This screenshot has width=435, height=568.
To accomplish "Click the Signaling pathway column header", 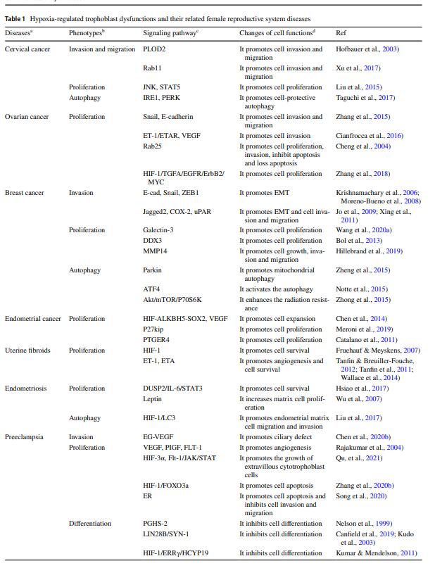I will click(170, 33).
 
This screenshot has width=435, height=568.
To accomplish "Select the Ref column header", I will click(341, 33).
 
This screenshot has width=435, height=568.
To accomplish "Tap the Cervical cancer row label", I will click(27, 49).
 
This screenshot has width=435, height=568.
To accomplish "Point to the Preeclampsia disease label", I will click(24, 437).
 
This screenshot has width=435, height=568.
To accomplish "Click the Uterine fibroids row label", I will click(27, 350).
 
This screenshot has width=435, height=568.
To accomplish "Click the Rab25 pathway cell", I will click(153, 146).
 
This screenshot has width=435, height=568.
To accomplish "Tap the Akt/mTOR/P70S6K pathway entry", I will click(171, 299).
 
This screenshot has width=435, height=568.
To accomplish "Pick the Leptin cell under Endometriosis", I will click(152, 398).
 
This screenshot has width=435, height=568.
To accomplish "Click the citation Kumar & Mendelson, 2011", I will click(377, 553).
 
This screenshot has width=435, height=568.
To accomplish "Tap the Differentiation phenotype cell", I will click(90, 524).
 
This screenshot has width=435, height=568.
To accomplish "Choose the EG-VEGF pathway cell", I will click(158, 437).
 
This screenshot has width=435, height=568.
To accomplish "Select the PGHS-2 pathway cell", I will click(156, 524).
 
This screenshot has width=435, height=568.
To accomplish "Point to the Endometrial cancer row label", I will click(33, 319).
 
